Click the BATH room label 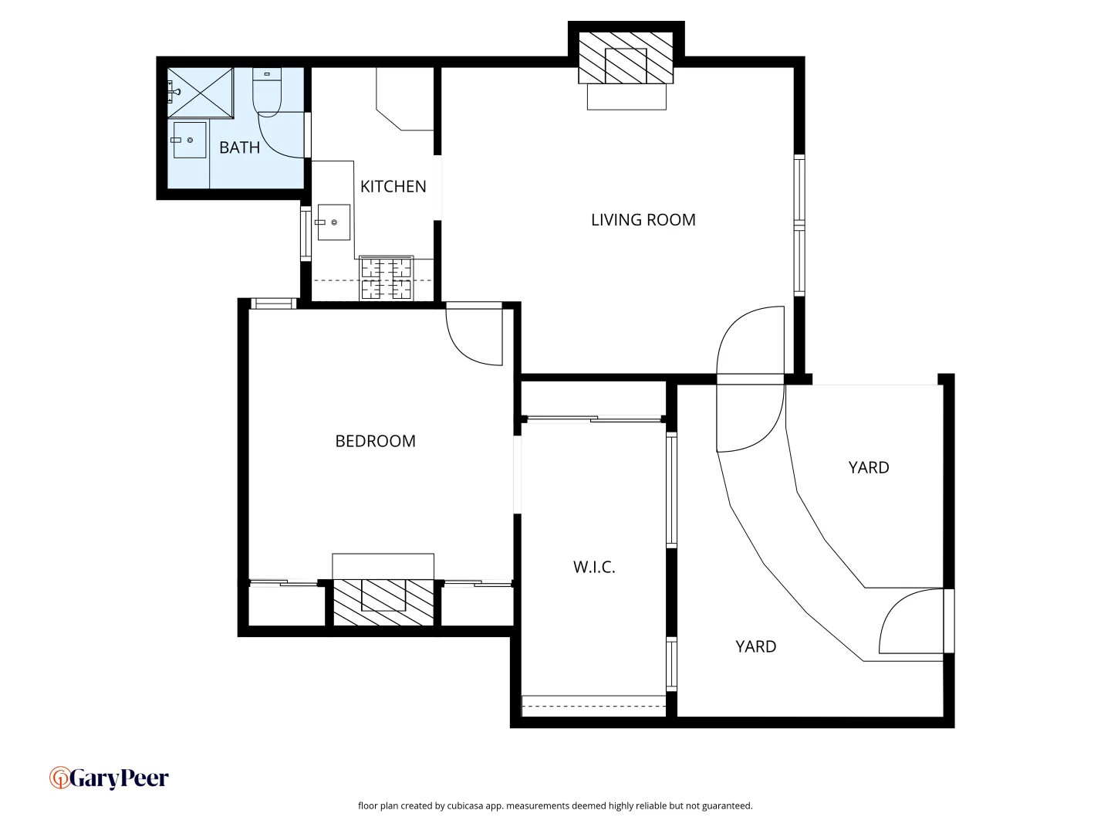239,147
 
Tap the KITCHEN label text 393,186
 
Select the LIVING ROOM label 643,220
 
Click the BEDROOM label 375,441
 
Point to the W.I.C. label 594,567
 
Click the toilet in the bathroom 267,91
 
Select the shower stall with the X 201,93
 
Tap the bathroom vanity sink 189,141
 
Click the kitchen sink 333,222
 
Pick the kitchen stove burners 387,278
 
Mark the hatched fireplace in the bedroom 383,602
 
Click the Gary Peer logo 109,778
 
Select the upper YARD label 868,468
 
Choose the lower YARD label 755,647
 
